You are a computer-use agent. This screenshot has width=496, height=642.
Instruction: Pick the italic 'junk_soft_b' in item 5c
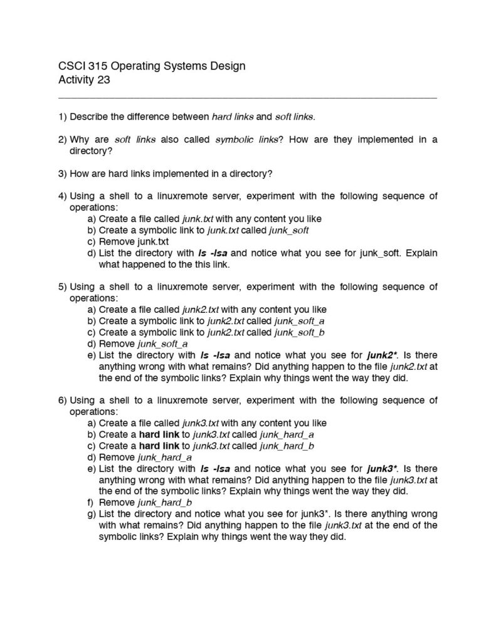(x=300, y=332)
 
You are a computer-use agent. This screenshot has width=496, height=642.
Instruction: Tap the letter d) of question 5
(x=92, y=344)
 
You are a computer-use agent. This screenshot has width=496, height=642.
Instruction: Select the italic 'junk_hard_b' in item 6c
(x=287, y=446)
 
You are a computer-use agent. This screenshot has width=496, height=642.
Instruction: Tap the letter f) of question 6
(x=92, y=503)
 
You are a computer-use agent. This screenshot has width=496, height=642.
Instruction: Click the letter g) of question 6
(x=92, y=514)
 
